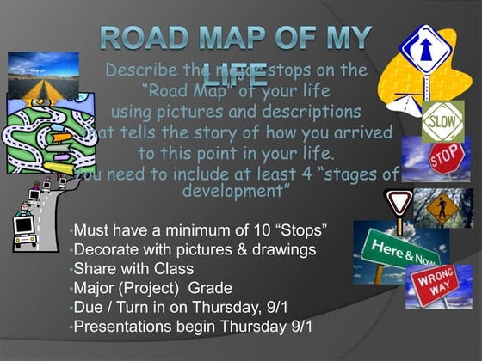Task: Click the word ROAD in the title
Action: tap(144, 39)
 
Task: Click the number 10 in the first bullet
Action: tap(258, 231)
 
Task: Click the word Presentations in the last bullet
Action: tap(126, 327)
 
